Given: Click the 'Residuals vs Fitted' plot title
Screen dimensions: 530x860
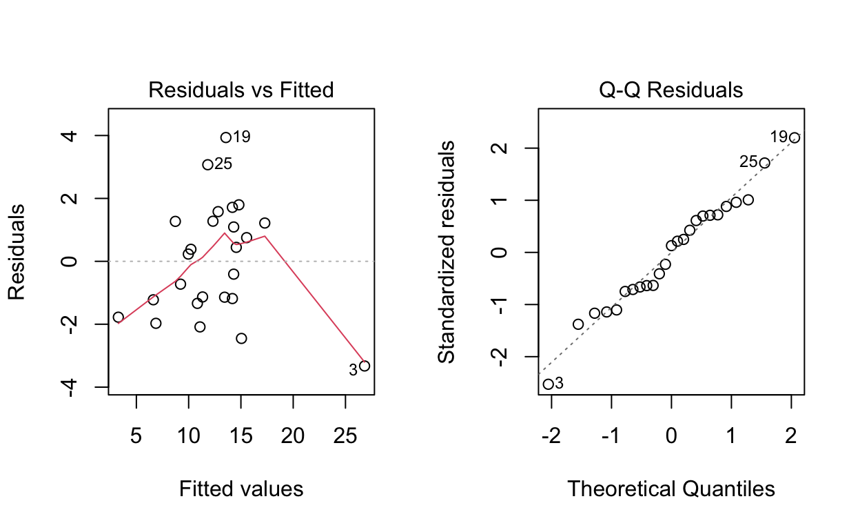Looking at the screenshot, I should coord(241,90).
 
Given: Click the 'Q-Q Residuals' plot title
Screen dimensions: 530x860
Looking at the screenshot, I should coord(671,90).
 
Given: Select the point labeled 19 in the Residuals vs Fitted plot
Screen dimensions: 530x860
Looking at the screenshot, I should coord(225,137).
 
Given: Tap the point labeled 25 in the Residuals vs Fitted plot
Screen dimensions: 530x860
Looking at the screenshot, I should coord(207,164).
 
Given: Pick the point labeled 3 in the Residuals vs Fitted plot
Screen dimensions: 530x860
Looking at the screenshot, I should coord(365,366).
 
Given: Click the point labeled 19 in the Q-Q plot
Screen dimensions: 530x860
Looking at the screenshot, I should coord(795,137).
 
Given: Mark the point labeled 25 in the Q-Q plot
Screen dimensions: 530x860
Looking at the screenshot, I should coord(764,163).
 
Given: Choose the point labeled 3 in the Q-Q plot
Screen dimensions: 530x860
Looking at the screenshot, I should coord(548,384).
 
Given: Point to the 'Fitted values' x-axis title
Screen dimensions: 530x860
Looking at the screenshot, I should coord(241,489).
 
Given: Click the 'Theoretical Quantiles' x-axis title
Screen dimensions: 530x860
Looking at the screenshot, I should coord(671,489).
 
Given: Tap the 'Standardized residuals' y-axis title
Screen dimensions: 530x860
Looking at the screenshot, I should coord(447,251).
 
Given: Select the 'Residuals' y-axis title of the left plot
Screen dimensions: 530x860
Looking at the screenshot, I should coord(17,251).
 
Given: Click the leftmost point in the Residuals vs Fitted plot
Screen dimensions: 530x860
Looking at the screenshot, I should coord(118,317).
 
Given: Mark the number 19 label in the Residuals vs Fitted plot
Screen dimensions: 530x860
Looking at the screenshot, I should coord(241,137).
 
